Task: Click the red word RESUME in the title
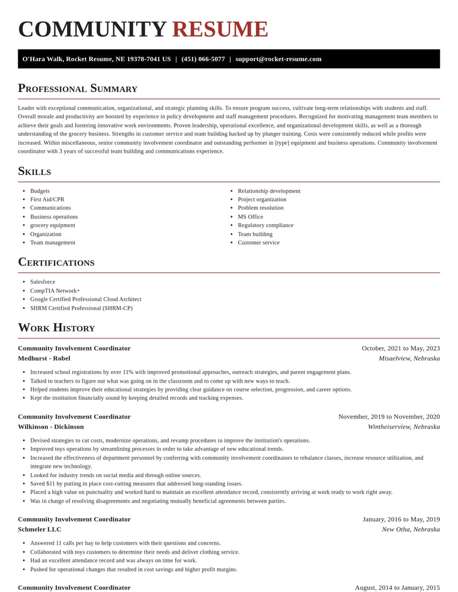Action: (x=220, y=30)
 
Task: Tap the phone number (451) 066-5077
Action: (x=203, y=59)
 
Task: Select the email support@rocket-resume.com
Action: (x=278, y=59)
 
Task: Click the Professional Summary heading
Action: (x=77, y=88)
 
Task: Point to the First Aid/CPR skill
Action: (x=47, y=200)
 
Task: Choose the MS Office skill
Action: (x=250, y=217)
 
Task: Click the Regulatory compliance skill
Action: (x=265, y=225)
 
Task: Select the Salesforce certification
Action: (x=43, y=282)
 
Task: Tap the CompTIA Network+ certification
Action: (x=55, y=291)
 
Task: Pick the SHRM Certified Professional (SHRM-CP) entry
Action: (x=81, y=308)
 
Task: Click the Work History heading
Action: (x=56, y=328)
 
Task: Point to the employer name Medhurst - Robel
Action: (x=44, y=359)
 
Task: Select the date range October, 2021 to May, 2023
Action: (x=401, y=348)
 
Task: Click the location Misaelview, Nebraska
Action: (x=409, y=359)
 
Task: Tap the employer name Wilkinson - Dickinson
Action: (x=50, y=427)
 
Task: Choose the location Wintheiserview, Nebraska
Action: (x=404, y=427)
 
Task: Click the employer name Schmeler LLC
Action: (x=40, y=530)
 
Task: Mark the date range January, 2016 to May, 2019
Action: (x=401, y=519)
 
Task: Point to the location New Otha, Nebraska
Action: (x=410, y=530)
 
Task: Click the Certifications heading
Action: (x=56, y=263)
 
